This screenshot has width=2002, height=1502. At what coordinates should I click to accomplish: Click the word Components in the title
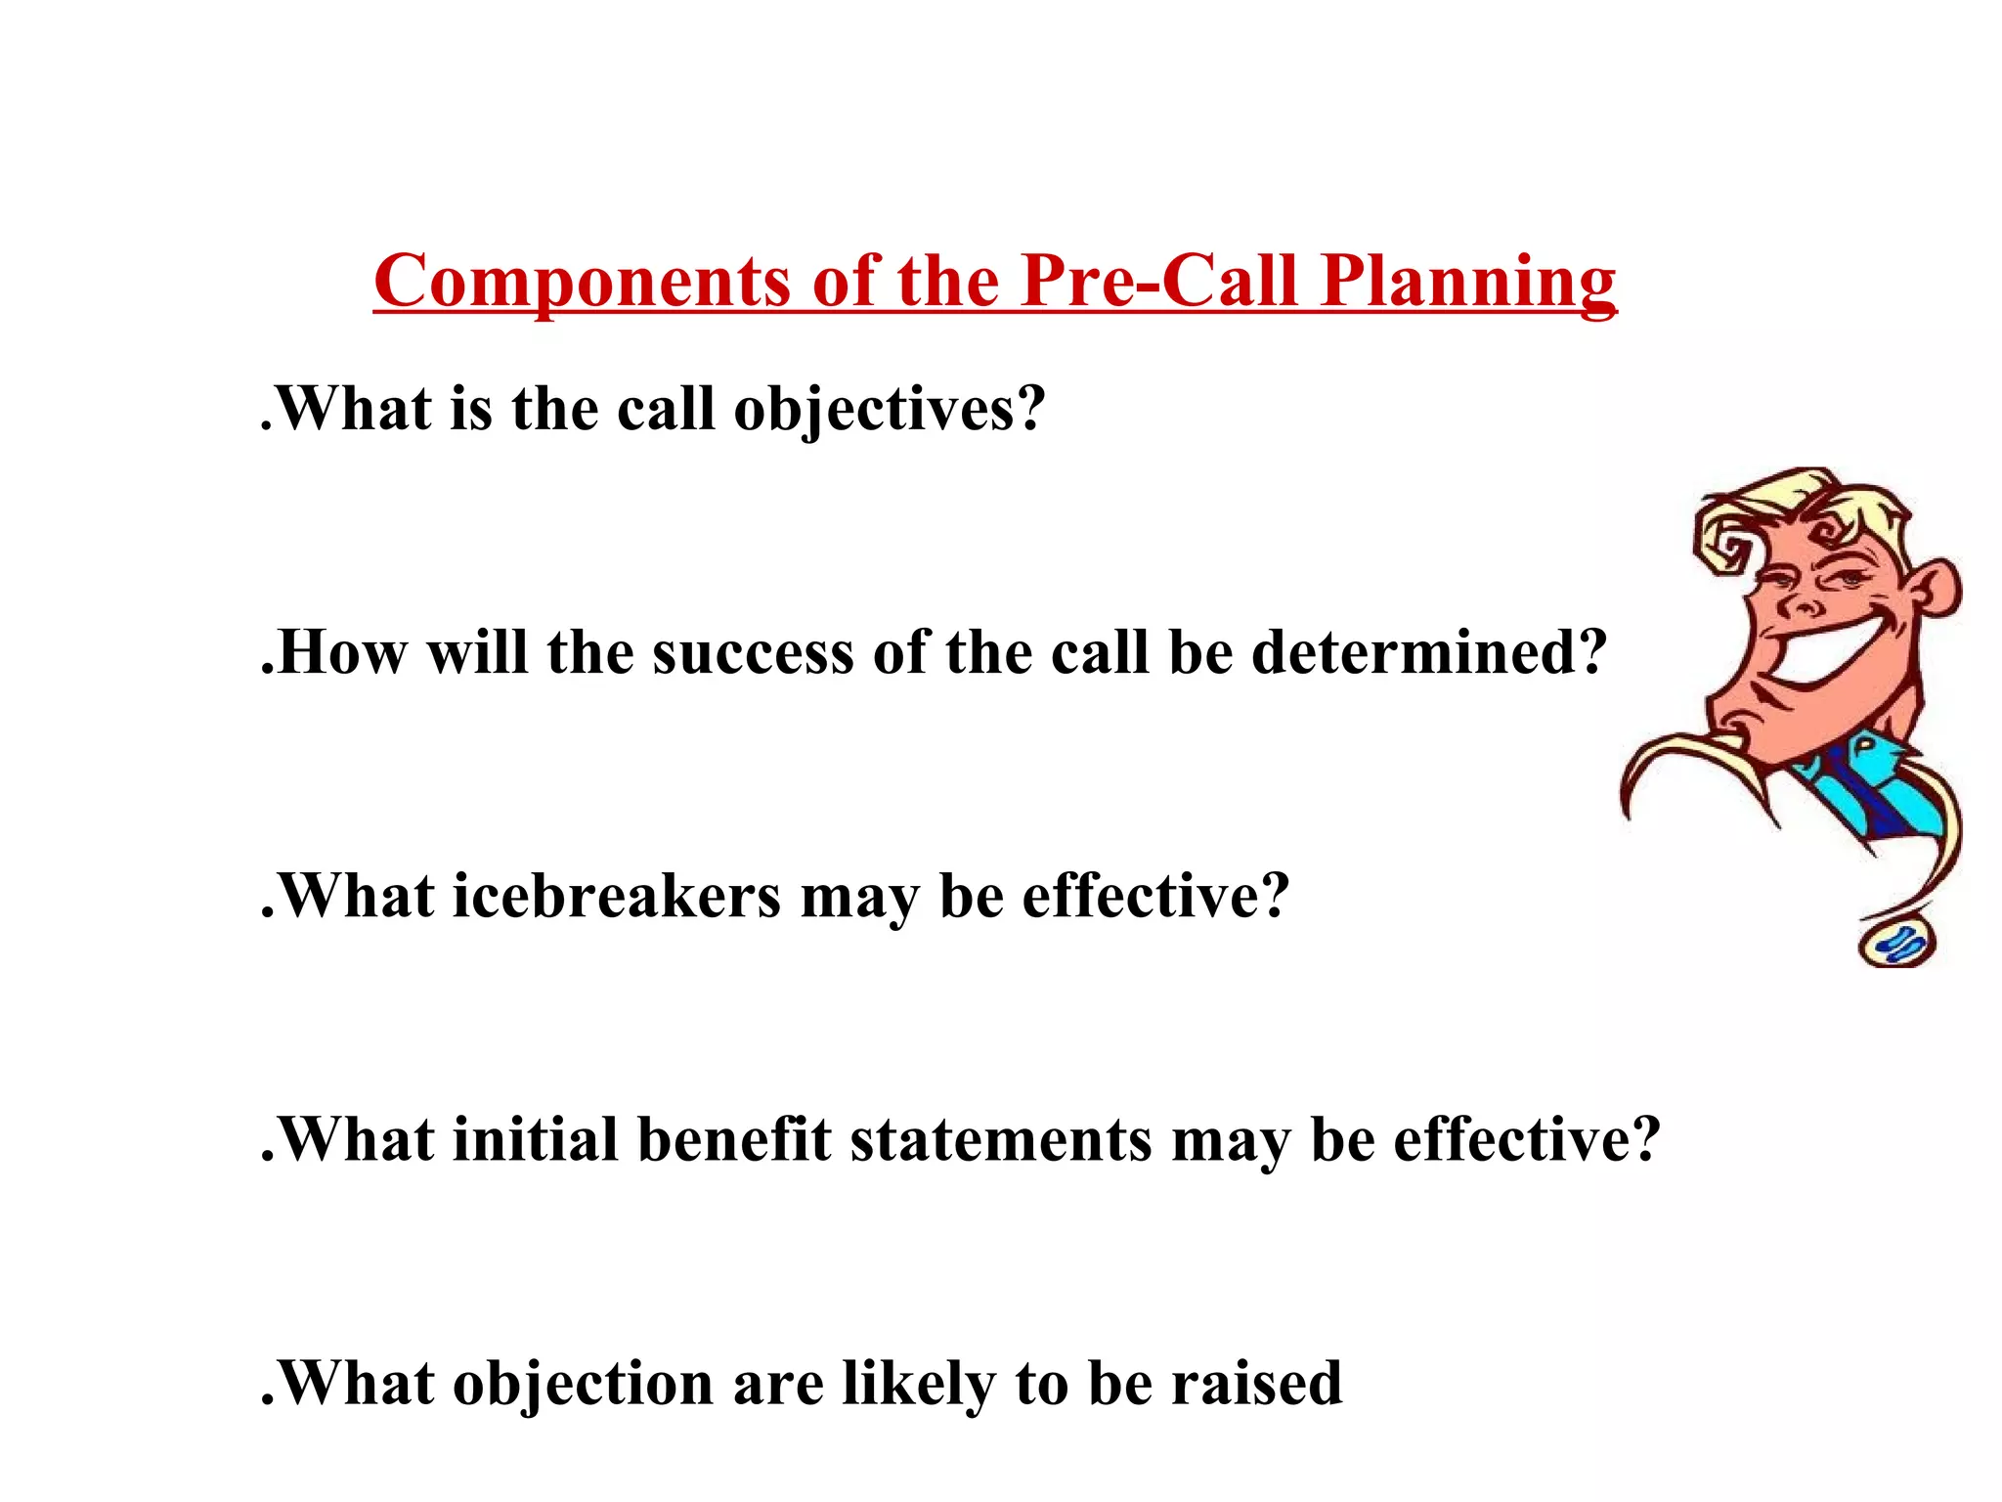click(583, 282)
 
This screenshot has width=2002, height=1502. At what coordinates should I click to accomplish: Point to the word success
click(753, 653)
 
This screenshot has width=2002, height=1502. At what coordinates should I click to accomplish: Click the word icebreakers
click(617, 897)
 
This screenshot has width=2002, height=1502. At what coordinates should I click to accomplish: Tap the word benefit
click(734, 1140)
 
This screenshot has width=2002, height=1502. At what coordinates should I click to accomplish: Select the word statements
click(1001, 1140)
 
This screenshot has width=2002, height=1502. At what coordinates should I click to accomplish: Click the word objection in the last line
click(583, 1385)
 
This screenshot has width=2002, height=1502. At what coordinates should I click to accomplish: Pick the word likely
click(919, 1385)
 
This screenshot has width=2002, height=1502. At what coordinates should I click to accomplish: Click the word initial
click(535, 1140)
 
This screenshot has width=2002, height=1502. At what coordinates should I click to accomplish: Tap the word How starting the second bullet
click(342, 653)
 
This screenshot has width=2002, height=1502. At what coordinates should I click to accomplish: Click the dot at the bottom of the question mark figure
click(1897, 944)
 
